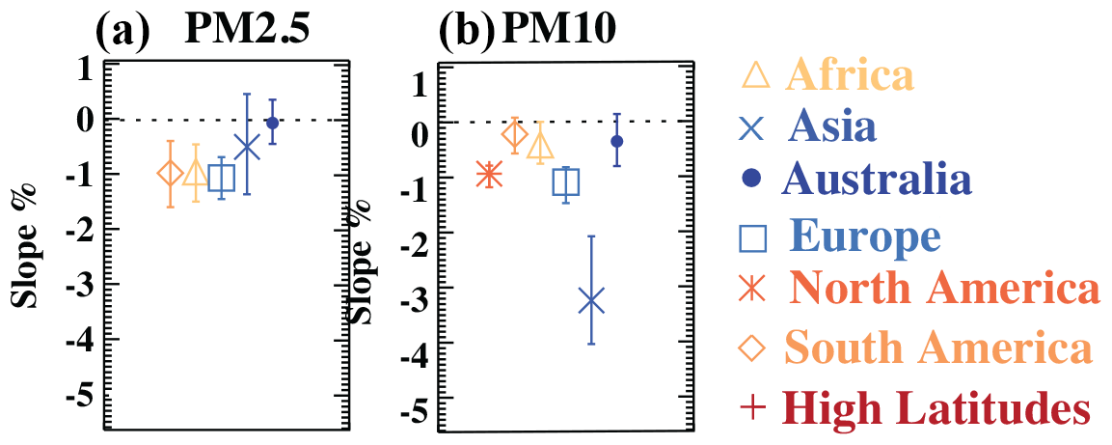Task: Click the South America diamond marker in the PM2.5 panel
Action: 170,174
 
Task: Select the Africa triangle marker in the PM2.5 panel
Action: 196,173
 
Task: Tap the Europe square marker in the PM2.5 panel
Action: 222,178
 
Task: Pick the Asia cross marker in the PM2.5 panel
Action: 248,147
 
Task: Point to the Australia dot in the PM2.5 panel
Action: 272,123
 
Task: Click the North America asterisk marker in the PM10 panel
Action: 489,175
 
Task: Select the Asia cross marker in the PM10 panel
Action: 591,301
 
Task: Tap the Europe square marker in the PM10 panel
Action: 565,183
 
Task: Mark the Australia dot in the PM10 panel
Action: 617,141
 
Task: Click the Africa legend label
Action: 849,74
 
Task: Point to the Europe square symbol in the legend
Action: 757,236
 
